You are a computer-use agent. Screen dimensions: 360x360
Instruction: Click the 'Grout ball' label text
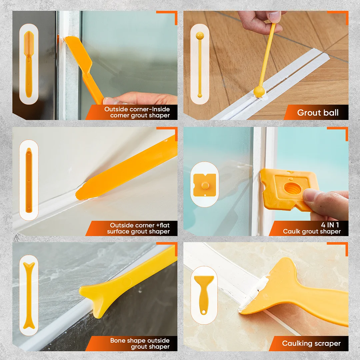[x=318, y=113]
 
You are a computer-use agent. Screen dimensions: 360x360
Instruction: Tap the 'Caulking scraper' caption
[x=311, y=343]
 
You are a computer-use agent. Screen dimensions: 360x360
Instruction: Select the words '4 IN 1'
[x=330, y=225]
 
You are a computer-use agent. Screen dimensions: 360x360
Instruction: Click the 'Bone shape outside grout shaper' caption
[x=140, y=343]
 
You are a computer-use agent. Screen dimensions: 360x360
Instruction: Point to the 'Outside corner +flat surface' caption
[x=138, y=228]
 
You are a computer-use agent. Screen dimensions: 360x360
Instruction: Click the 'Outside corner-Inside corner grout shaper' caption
[x=137, y=112]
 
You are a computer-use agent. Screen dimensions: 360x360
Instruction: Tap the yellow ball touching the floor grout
[x=259, y=91]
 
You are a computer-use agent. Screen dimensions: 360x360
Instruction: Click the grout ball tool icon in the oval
[x=200, y=64]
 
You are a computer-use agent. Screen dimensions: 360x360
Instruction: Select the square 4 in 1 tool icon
[x=205, y=185]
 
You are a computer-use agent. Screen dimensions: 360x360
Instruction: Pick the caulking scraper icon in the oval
[x=204, y=295]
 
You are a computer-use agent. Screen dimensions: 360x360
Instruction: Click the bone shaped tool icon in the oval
[x=29, y=295]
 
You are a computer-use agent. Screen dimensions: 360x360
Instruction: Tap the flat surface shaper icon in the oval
[x=29, y=180]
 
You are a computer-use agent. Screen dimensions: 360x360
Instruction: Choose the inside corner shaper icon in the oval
[x=29, y=64]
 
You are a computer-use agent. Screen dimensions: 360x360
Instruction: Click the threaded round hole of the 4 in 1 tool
[x=293, y=189]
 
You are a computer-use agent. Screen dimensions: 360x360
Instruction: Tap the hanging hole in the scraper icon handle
[x=204, y=312]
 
